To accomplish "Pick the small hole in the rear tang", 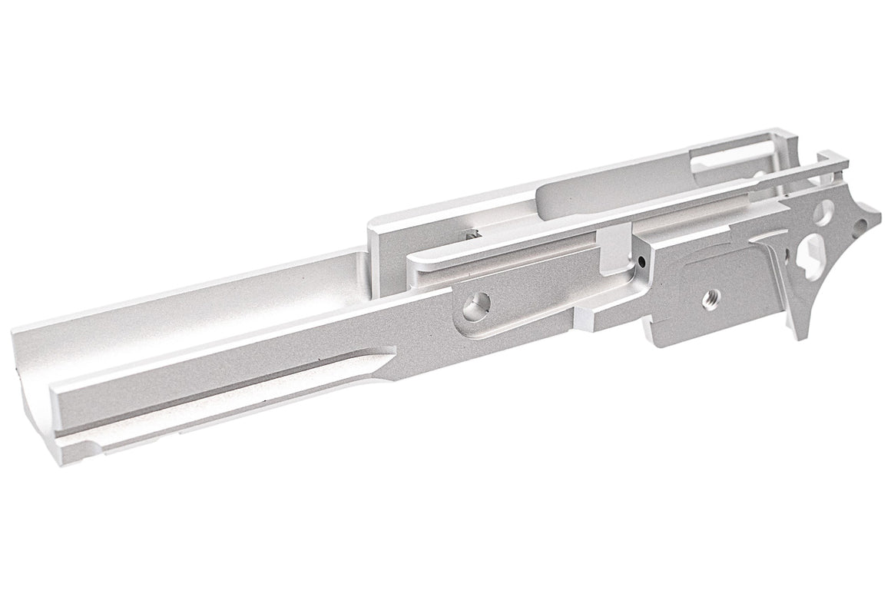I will [862, 225].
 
